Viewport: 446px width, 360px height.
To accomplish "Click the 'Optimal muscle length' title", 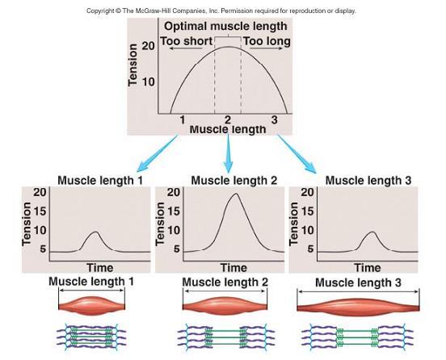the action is pos(225,27).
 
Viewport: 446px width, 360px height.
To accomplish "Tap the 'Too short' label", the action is pos(187,41).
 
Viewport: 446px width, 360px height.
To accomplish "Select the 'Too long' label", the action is pos(267,41).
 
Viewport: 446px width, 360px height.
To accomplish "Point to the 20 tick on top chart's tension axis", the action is pos(148,45).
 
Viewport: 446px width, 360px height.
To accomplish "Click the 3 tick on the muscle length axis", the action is pos(274,119).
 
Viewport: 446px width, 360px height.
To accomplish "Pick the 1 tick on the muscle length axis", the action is pos(183,119).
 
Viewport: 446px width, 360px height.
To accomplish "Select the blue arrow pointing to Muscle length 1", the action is pos(158,153).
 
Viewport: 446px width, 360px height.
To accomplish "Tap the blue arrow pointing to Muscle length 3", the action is pos(297,153).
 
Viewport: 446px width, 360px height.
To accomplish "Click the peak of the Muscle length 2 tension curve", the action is pos(236,194).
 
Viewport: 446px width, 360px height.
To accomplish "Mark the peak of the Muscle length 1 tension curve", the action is pos(96,232).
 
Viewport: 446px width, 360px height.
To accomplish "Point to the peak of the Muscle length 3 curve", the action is pos(372,232).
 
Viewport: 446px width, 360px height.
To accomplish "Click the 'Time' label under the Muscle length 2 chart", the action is pos(234,268).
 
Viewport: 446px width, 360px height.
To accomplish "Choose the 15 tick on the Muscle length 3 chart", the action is pos(307,211).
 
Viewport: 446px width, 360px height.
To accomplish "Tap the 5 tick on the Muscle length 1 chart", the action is pos(43,249).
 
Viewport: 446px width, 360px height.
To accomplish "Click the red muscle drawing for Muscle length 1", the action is pos(91,306).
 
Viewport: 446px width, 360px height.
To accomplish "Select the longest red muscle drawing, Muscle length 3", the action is pos(358,308).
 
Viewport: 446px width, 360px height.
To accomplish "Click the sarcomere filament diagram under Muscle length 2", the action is pos(226,336).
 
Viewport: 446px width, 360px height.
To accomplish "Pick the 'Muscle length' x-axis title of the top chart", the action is pos(228,129).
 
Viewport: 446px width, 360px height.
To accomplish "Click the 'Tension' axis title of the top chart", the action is pos(133,65).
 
